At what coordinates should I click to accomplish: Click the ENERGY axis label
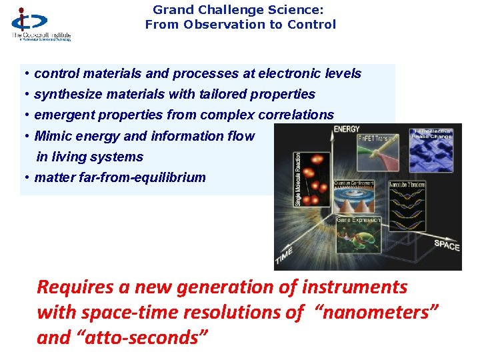coord(347,129)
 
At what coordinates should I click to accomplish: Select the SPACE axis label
coord(447,245)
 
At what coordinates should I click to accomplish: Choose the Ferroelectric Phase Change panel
coord(433,148)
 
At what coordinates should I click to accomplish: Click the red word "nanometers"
coord(377,313)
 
